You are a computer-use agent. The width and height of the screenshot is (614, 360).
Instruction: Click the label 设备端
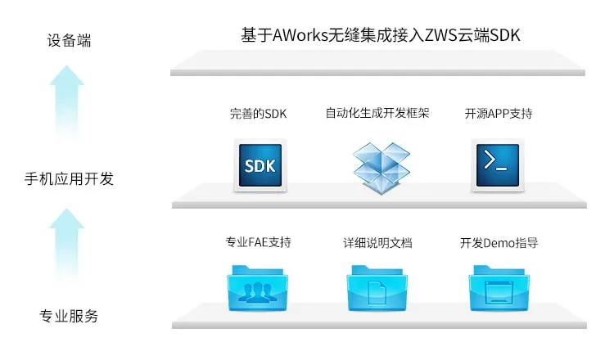pyautogui.click(x=69, y=40)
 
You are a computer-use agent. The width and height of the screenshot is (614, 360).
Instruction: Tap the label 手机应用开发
pyautogui.click(x=69, y=178)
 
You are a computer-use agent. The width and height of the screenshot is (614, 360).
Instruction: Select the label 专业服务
pyautogui.click(x=69, y=316)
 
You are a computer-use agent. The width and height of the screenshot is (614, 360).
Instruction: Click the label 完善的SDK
pyautogui.click(x=259, y=114)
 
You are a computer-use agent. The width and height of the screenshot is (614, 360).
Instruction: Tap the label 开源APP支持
pyautogui.click(x=498, y=114)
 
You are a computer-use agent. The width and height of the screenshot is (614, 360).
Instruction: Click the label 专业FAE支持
pyautogui.click(x=259, y=243)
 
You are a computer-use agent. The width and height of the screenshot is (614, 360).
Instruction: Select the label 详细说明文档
pyautogui.click(x=377, y=243)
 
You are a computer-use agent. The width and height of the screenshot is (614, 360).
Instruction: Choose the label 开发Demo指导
pyautogui.click(x=499, y=243)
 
